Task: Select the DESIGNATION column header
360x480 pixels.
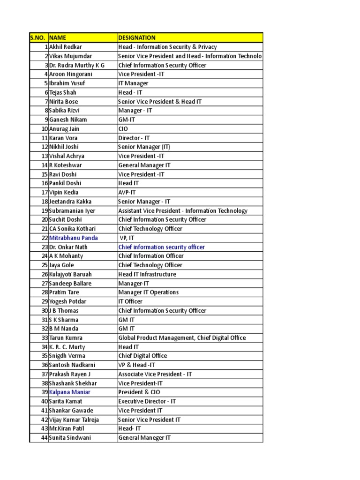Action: (137, 37)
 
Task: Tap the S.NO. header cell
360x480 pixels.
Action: (38, 37)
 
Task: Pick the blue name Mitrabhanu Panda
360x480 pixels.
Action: (74, 238)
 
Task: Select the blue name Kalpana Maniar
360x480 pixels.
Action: (70, 392)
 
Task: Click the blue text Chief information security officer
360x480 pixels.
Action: (162, 247)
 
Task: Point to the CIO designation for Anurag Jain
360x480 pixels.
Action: (123, 129)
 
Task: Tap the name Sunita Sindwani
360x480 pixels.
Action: (70, 438)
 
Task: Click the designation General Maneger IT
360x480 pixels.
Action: (145, 438)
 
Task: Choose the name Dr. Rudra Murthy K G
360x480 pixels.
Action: (77, 65)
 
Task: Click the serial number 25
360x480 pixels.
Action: (45, 265)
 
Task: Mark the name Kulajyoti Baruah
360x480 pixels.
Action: (71, 274)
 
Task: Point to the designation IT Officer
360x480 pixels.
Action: (130, 301)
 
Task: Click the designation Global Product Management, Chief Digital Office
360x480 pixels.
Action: (182, 338)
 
